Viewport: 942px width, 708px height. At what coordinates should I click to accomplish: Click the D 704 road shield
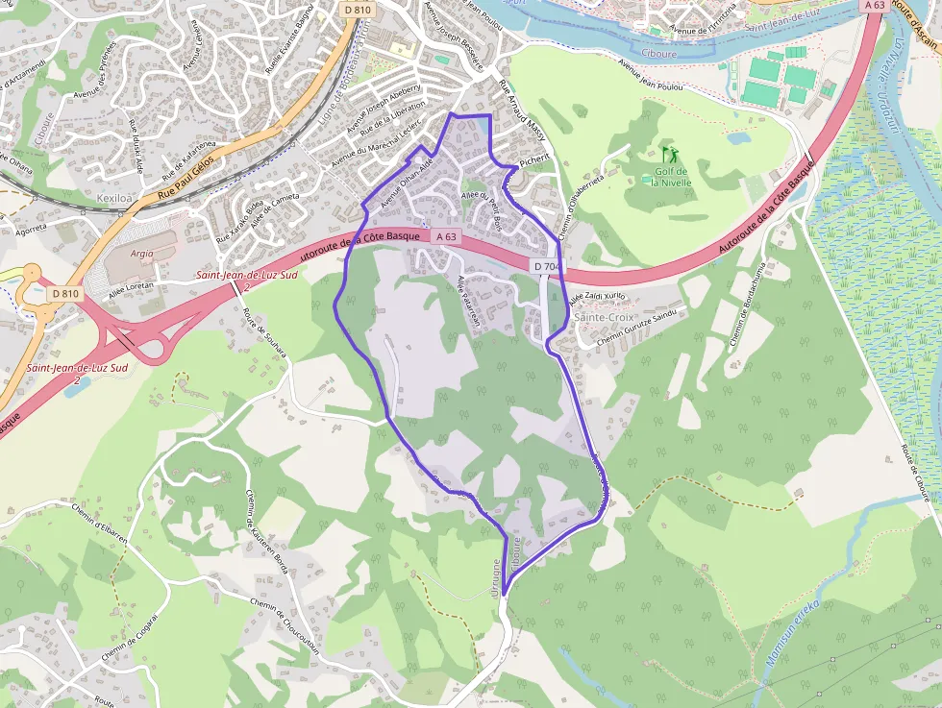(x=545, y=266)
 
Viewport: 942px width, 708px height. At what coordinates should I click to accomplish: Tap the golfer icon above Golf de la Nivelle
(x=669, y=154)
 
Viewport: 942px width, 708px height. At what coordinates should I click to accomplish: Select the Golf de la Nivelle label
(x=671, y=177)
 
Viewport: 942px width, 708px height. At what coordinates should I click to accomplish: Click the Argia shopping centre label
(x=141, y=254)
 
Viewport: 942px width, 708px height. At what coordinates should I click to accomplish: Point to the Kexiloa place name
(x=114, y=197)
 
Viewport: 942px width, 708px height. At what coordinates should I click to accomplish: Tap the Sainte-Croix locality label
(x=604, y=316)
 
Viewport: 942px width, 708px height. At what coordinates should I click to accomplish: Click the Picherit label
(x=533, y=161)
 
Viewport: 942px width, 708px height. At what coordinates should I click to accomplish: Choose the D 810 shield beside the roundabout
(x=65, y=293)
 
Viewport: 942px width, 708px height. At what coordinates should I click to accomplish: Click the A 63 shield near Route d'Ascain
(x=874, y=5)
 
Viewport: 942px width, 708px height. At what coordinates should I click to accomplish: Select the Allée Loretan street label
(x=132, y=286)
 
